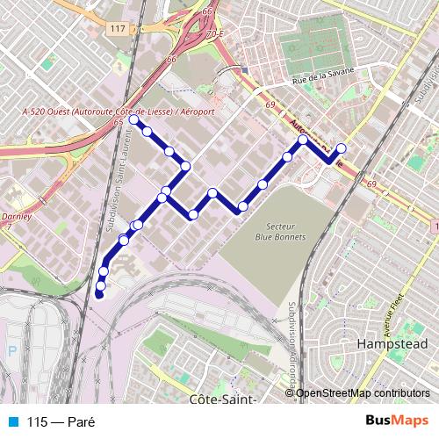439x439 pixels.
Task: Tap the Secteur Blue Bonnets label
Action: click(x=276, y=230)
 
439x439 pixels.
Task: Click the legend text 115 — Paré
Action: click(x=60, y=421)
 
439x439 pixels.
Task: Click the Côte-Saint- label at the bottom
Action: click(x=222, y=399)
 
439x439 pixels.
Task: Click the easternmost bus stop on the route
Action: click(x=342, y=148)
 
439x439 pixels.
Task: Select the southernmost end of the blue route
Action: click(x=99, y=295)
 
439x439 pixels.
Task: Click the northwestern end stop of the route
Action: click(x=134, y=121)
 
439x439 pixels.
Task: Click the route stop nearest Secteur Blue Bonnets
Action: click(x=242, y=207)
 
